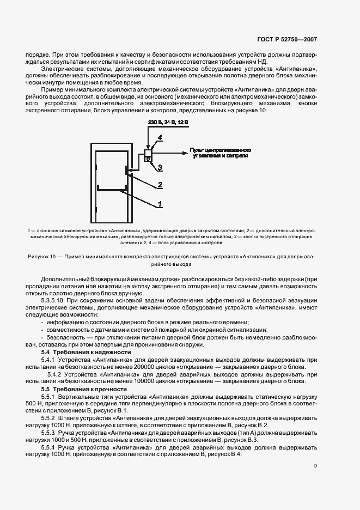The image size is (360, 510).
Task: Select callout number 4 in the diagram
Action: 160,139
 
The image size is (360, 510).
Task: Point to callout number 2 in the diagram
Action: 160,185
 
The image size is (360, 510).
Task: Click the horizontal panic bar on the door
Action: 112,190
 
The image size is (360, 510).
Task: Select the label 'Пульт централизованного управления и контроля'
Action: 219,152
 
